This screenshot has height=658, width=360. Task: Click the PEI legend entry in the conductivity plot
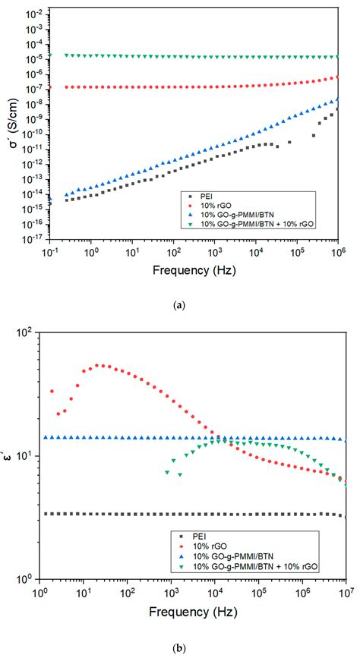coord(208,197)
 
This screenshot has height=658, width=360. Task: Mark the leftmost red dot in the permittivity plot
coord(52,392)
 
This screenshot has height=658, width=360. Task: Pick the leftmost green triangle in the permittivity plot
coord(167,472)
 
